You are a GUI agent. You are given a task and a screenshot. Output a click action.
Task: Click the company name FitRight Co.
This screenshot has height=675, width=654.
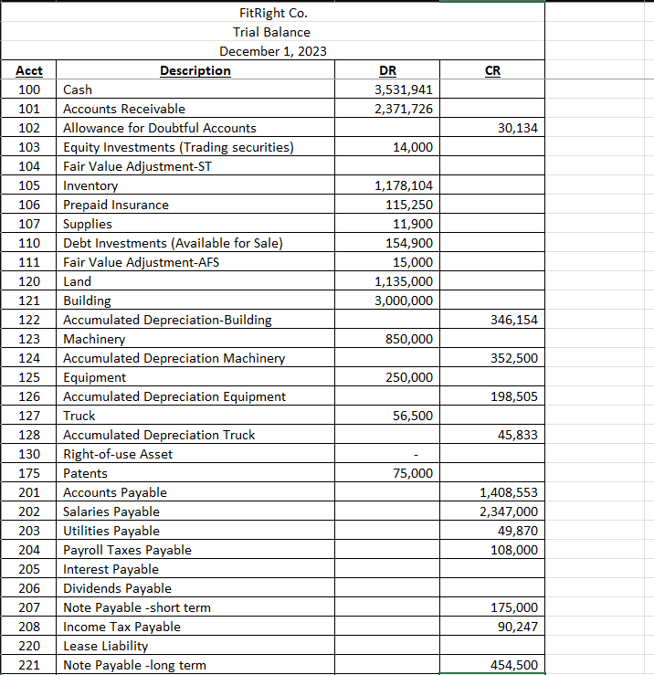click(273, 13)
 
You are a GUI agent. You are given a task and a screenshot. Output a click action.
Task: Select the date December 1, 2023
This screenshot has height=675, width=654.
click(273, 51)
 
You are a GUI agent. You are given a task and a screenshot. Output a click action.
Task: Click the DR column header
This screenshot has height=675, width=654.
click(387, 70)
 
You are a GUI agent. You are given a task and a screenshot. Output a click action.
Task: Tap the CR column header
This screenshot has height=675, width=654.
click(492, 70)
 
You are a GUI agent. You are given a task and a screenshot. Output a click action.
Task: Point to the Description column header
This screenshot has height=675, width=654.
click(195, 70)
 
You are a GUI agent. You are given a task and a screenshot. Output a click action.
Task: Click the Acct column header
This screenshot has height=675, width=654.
click(29, 70)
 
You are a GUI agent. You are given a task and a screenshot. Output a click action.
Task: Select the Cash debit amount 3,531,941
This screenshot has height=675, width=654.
click(404, 90)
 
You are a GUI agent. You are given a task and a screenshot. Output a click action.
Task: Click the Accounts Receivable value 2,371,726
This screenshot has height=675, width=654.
click(404, 109)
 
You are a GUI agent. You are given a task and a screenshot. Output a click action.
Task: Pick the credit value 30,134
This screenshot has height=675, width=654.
click(518, 128)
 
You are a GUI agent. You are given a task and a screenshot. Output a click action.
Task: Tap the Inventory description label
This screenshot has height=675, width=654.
click(90, 185)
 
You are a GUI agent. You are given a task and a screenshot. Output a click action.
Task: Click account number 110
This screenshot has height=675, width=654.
click(29, 243)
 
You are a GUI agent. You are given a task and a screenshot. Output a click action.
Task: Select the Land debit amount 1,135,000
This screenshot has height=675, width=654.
click(404, 281)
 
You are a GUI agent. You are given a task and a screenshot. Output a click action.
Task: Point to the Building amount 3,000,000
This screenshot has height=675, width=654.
click(404, 301)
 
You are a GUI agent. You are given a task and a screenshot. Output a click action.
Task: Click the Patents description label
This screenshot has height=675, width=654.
click(85, 473)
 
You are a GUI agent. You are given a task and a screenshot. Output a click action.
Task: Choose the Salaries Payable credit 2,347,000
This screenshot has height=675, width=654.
click(509, 512)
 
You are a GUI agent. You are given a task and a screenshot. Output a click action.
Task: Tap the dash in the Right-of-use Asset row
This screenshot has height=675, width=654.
click(417, 454)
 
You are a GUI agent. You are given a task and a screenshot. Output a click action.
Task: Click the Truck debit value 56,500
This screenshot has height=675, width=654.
click(412, 416)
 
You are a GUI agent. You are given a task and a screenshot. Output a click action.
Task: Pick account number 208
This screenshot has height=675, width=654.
click(29, 627)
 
